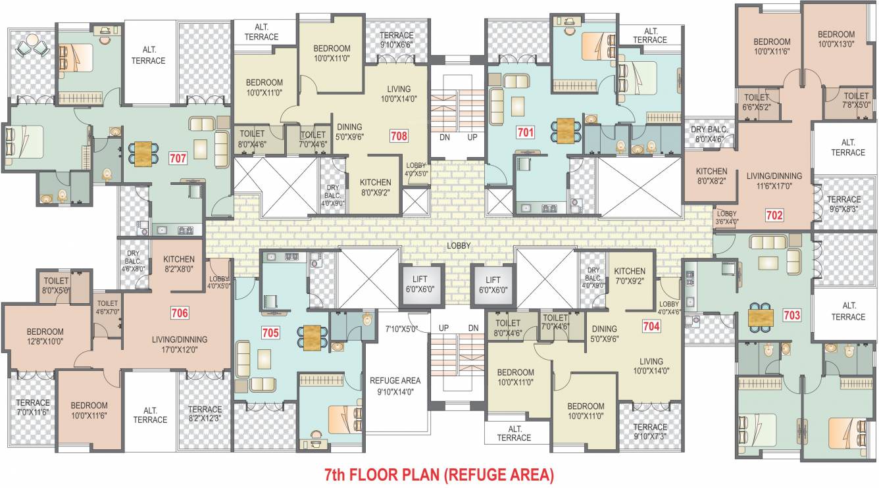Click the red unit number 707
click(x=178, y=158)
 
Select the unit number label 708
click(x=399, y=136)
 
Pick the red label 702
click(x=774, y=214)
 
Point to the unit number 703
click(x=792, y=315)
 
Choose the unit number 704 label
click(x=651, y=325)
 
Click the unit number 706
click(x=180, y=313)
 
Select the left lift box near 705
click(x=420, y=285)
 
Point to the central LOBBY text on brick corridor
click(x=459, y=245)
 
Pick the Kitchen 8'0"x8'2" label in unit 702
click(x=712, y=176)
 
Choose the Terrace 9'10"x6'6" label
click(x=396, y=40)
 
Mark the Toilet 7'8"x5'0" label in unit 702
click(x=856, y=100)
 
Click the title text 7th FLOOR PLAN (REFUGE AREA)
click(x=439, y=474)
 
